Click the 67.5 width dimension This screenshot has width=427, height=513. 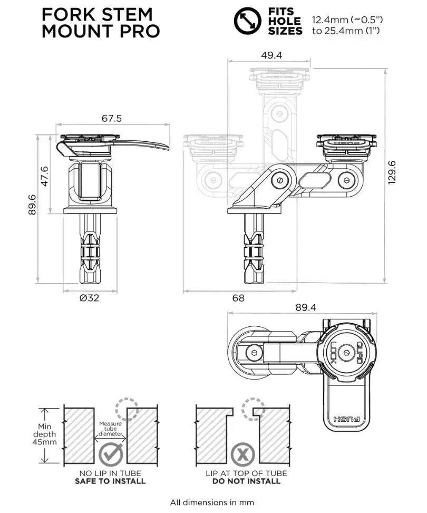111,119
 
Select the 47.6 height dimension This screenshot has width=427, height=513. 45,176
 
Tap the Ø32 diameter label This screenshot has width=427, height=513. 90,298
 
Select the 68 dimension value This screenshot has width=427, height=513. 238,298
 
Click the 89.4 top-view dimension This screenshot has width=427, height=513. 306,307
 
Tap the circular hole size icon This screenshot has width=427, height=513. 247,21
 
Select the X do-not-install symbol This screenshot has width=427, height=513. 242,453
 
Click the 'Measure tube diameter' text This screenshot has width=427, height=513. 111,429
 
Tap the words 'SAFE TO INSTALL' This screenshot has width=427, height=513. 111,481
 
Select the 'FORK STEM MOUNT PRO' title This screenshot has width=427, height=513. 100,22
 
